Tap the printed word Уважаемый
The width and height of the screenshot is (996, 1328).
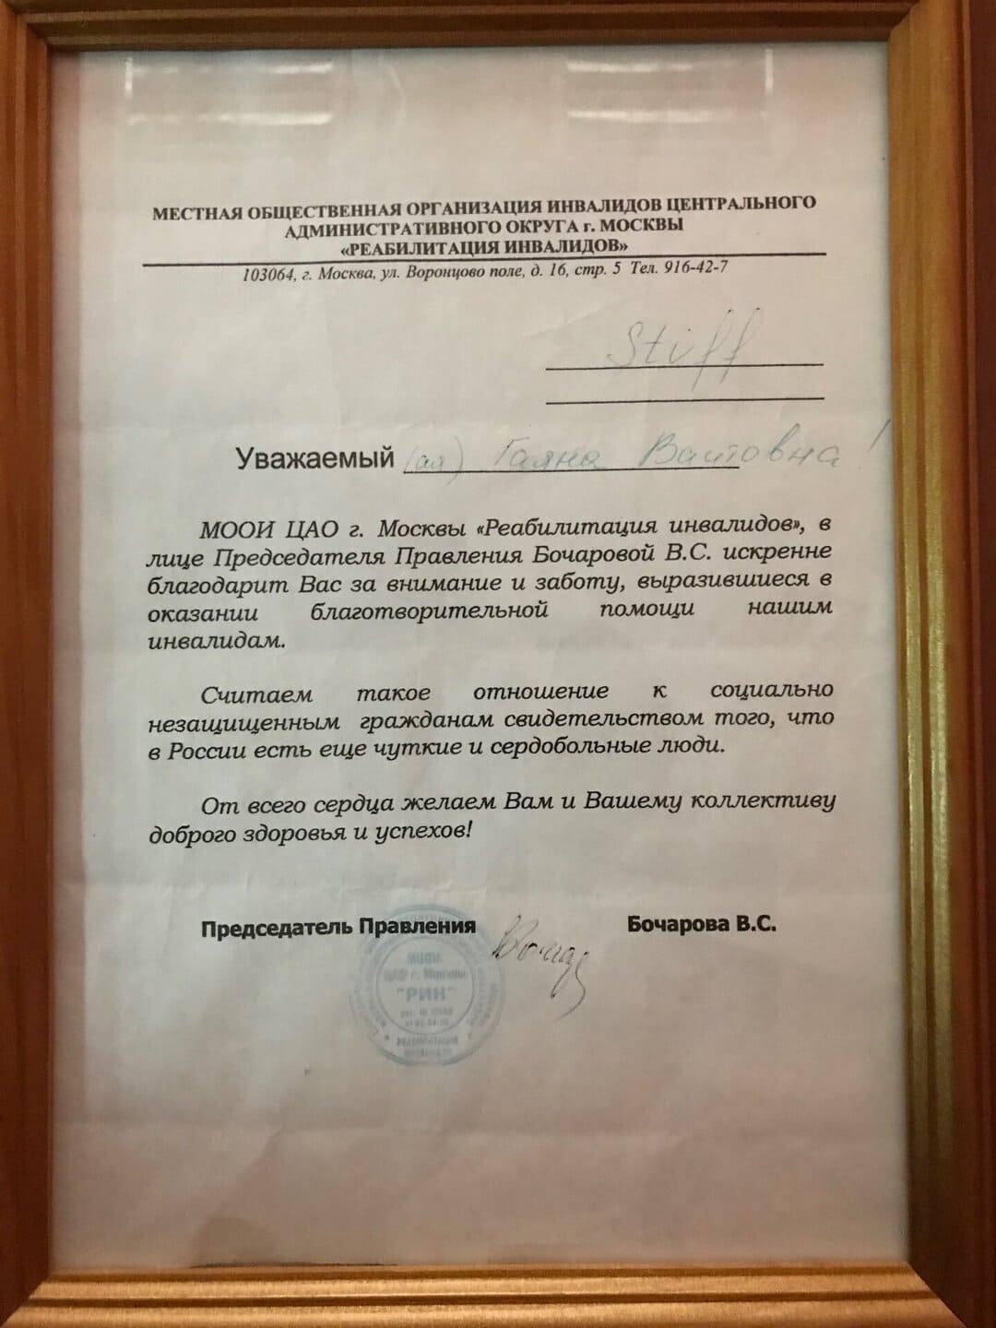pos(314,458)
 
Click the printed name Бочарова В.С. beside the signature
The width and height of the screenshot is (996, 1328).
pos(700,924)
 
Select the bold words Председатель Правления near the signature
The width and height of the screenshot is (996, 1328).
pos(338,928)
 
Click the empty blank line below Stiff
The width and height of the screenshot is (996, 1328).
pos(683,398)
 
